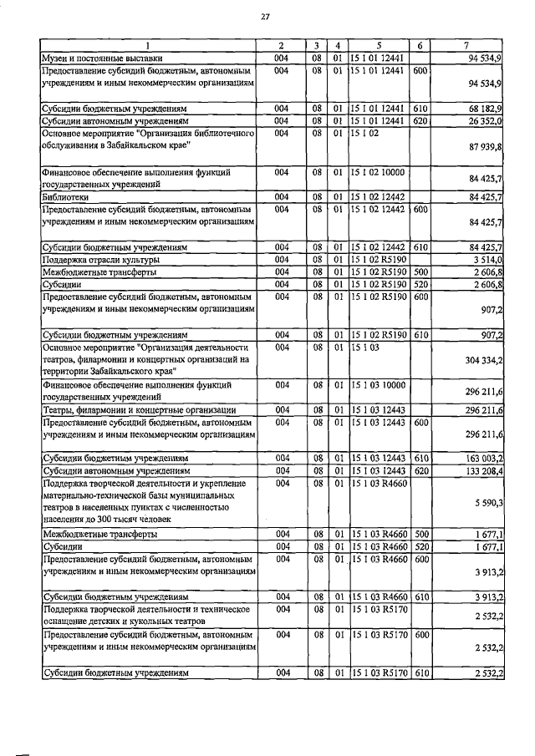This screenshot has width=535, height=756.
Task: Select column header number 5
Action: [x=379, y=44]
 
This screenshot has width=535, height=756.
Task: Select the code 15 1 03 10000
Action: [x=379, y=385]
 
